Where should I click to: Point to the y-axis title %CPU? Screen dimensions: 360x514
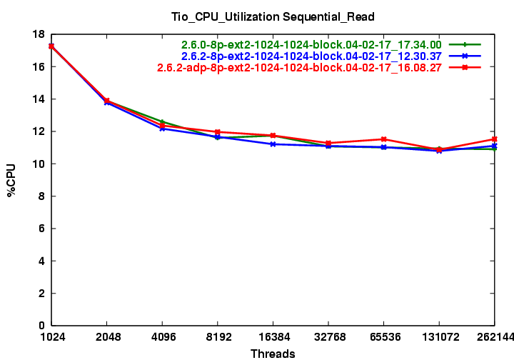coord(12,180)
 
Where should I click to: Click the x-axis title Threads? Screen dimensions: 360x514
coord(273,353)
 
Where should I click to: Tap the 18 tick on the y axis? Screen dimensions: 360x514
coord(41,34)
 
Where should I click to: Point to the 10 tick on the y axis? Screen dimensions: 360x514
coord(41,164)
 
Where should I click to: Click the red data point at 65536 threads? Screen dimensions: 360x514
coord(383,139)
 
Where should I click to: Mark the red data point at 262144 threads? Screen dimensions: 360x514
coord(494,139)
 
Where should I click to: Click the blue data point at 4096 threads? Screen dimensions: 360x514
coord(162,129)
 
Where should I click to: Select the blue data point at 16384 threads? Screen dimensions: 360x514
coord(273,144)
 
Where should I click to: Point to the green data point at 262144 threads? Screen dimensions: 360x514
coord(494,149)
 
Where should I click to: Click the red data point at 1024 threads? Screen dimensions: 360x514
coord(51,46)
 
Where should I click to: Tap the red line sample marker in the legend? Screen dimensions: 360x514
coord(465,68)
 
